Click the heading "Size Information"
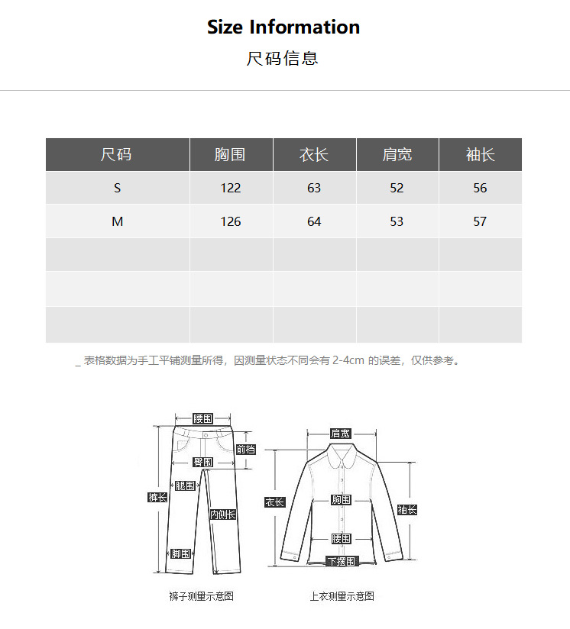click(x=283, y=27)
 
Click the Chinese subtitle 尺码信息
click(x=282, y=59)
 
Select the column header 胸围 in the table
click(x=230, y=155)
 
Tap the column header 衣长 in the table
click(x=314, y=155)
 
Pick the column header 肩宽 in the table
click(x=397, y=155)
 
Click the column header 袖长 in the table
click(x=480, y=155)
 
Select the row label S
click(x=117, y=189)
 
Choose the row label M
click(x=117, y=222)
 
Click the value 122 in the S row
click(x=230, y=189)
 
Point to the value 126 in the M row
click(x=230, y=222)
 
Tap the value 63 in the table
click(x=314, y=189)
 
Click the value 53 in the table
click(x=397, y=222)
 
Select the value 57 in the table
click(x=480, y=222)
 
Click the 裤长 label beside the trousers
click(x=157, y=498)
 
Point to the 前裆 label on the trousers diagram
click(x=245, y=450)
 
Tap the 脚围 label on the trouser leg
click(x=181, y=554)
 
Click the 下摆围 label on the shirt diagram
click(x=342, y=562)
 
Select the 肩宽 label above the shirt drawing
click(x=341, y=434)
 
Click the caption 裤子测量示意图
click(x=201, y=596)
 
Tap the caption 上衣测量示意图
click(x=342, y=596)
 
